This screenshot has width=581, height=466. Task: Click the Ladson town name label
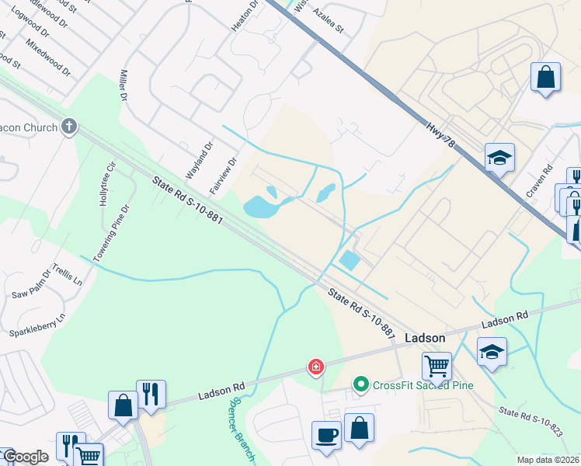(x=426, y=338)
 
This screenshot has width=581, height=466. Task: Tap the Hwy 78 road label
(x=440, y=134)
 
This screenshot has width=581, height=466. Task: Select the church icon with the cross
(x=68, y=126)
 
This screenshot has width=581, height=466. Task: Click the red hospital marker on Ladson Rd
(x=316, y=366)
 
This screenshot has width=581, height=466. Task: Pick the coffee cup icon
(x=325, y=435)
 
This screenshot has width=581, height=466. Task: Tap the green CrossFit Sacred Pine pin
(x=360, y=384)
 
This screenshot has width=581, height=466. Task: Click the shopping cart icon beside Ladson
(x=437, y=366)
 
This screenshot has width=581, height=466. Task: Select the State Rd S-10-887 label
(x=362, y=312)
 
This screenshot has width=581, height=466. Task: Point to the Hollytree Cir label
(x=107, y=183)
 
